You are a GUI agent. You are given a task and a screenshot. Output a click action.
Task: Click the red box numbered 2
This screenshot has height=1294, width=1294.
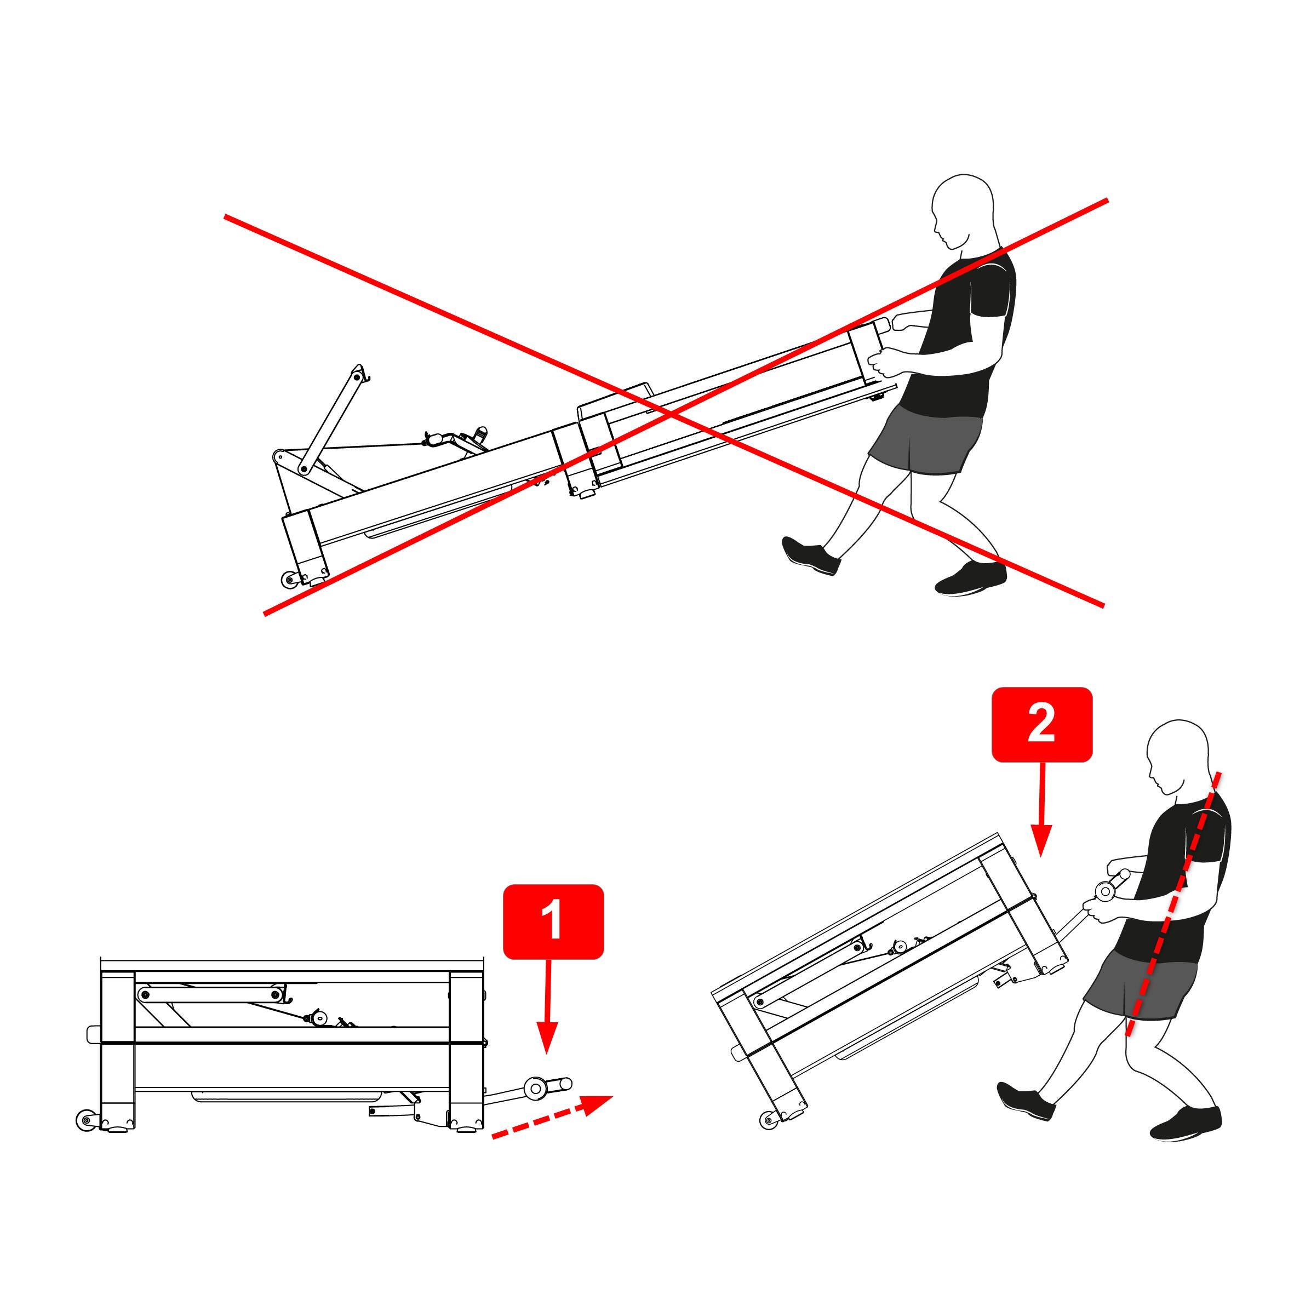point(1041,725)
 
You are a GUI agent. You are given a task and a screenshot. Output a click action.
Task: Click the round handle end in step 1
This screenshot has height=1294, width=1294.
point(535,1089)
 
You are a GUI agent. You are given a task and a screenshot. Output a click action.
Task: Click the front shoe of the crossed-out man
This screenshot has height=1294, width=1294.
point(971,579)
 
